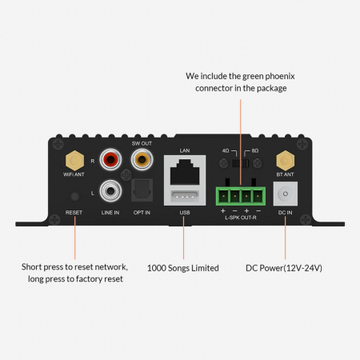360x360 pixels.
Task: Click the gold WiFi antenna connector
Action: [x=74, y=161]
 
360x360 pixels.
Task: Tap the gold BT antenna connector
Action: [x=286, y=161]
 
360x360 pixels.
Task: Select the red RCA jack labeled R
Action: [x=110, y=160]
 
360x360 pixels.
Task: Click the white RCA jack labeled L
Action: [x=110, y=191]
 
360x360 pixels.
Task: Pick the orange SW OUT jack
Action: [x=142, y=160]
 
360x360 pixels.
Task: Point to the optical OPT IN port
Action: [x=142, y=190]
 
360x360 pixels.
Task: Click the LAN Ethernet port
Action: [x=185, y=172]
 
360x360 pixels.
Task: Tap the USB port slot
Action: [x=185, y=197]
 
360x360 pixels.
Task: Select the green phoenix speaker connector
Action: [x=241, y=196]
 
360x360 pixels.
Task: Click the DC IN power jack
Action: [x=286, y=194]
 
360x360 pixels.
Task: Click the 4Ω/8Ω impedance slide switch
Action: [x=241, y=163]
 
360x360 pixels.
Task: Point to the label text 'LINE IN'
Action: [x=110, y=213]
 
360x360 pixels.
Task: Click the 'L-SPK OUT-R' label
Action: [x=241, y=218]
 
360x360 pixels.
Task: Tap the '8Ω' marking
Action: [x=255, y=151]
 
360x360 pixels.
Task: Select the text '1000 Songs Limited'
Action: [x=183, y=268]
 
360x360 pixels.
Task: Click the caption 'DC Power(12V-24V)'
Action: [x=284, y=268]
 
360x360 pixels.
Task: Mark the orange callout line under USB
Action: [x=183, y=238]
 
